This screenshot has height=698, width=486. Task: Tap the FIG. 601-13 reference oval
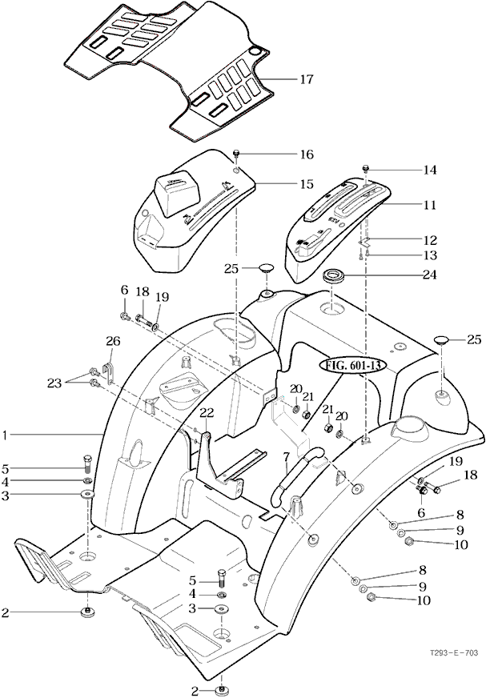[353, 366]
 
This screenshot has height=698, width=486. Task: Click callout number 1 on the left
[5, 435]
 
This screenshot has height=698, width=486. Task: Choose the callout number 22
[207, 412]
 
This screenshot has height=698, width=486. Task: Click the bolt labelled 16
[237, 153]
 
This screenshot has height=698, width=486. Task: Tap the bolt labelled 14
[365, 169]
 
